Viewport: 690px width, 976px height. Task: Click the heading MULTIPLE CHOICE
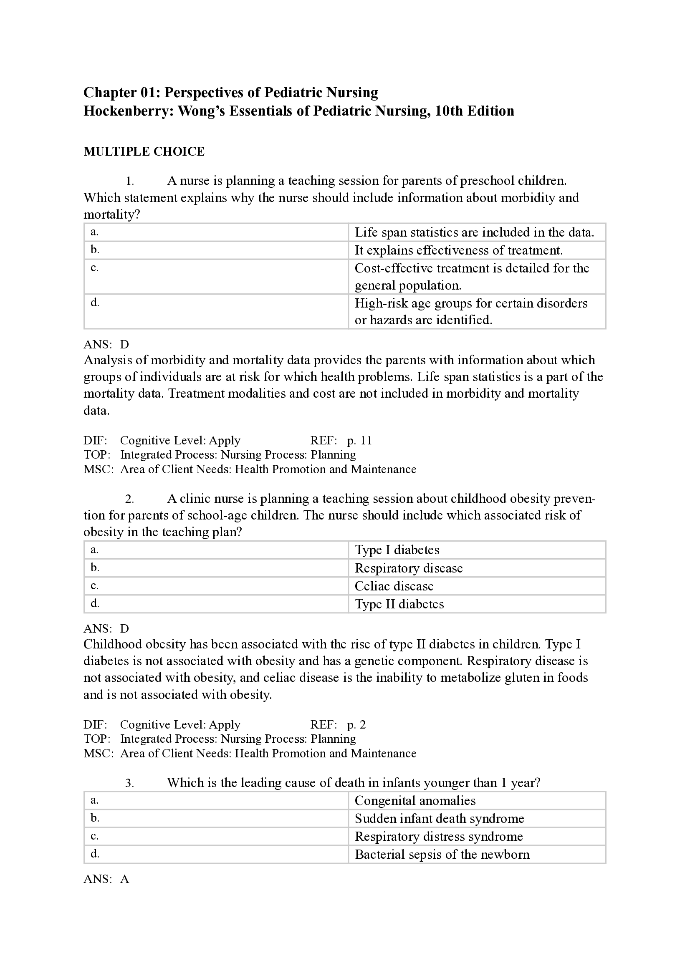144,151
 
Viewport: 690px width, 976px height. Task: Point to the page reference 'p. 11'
359,440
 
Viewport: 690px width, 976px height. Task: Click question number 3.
129,783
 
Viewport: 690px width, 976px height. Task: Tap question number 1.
129,181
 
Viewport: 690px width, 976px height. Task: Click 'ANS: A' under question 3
106,879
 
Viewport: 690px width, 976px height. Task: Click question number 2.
129,499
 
